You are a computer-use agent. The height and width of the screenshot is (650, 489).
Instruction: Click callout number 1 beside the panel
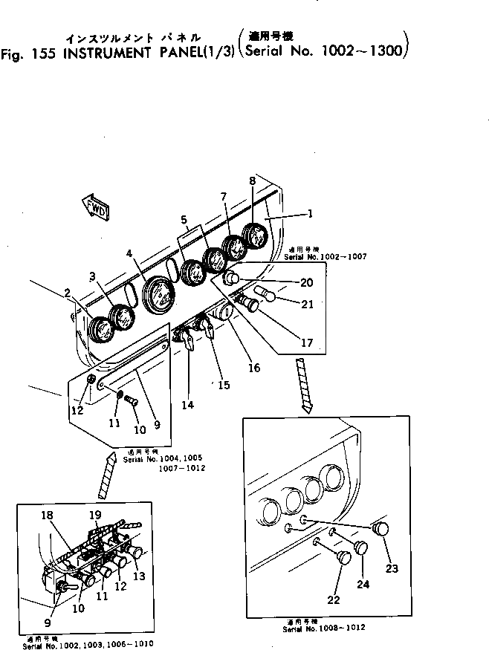pyautogui.click(x=309, y=213)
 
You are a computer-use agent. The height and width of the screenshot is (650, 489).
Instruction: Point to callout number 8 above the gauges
pyautogui.click(x=252, y=181)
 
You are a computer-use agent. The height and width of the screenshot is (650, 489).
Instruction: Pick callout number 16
pyautogui.click(x=255, y=367)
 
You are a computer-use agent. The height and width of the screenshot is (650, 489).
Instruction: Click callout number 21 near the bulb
pyautogui.click(x=307, y=304)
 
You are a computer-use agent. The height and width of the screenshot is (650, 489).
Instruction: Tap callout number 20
pyautogui.click(x=307, y=282)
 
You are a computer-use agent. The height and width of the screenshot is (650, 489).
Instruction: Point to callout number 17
pyautogui.click(x=307, y=343)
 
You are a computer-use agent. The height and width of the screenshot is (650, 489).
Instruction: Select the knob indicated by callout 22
pyautogui.click(x=344, y=558)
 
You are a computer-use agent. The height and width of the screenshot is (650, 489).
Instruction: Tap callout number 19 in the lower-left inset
pyautogui.click(x=95, y=515)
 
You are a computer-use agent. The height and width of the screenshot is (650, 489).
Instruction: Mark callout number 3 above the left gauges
pyautogui.click(x=92, y=276)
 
